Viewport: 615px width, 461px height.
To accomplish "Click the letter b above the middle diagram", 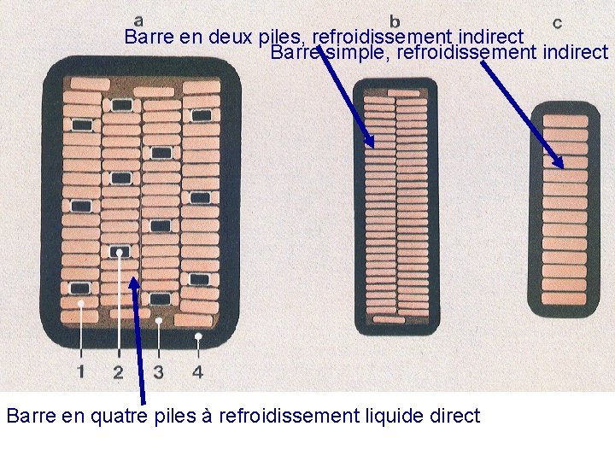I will (395, 20).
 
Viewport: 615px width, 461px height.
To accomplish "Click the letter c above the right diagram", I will (557, 22).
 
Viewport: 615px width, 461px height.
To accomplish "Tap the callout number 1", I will (80, 371).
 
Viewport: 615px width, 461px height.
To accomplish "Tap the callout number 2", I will (118, 372).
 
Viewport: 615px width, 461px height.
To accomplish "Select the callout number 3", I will (159, 372).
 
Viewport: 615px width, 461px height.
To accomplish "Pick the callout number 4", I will (198, 372).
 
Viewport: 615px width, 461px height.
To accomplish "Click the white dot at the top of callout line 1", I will (81, 303).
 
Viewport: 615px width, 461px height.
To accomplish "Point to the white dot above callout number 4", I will (198, 337).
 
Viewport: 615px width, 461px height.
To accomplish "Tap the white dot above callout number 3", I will (160, 320).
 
